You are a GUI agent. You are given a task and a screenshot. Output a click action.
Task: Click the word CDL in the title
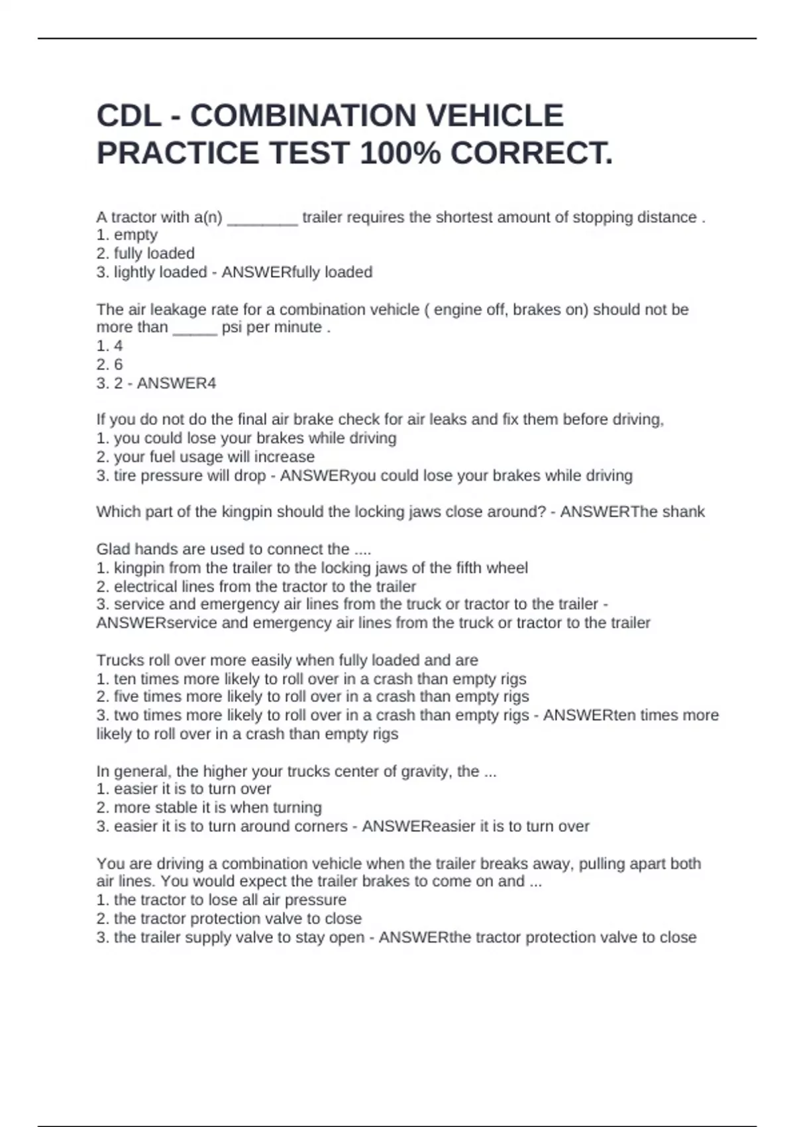pos(129,116)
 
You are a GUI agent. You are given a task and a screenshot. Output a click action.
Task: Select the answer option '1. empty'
pos(127,235)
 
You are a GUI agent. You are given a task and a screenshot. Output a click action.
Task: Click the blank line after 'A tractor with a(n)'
pos(262,219)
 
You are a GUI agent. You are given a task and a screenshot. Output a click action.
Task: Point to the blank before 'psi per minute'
pos(195,328)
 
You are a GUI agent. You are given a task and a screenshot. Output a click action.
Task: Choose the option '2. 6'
pos(110,365)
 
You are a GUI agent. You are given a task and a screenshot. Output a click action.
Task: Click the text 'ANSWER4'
pos(176,384)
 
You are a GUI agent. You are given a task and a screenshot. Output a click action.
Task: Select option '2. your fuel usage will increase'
pos(205,457)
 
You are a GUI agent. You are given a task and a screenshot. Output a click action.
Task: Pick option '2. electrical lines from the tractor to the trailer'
pos(256,587)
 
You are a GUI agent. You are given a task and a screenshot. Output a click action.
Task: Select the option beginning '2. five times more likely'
pos(313,697)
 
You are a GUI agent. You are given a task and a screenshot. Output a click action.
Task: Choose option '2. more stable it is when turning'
pos(209,807)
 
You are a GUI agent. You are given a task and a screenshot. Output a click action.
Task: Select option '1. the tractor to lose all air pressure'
pos(221,900)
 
